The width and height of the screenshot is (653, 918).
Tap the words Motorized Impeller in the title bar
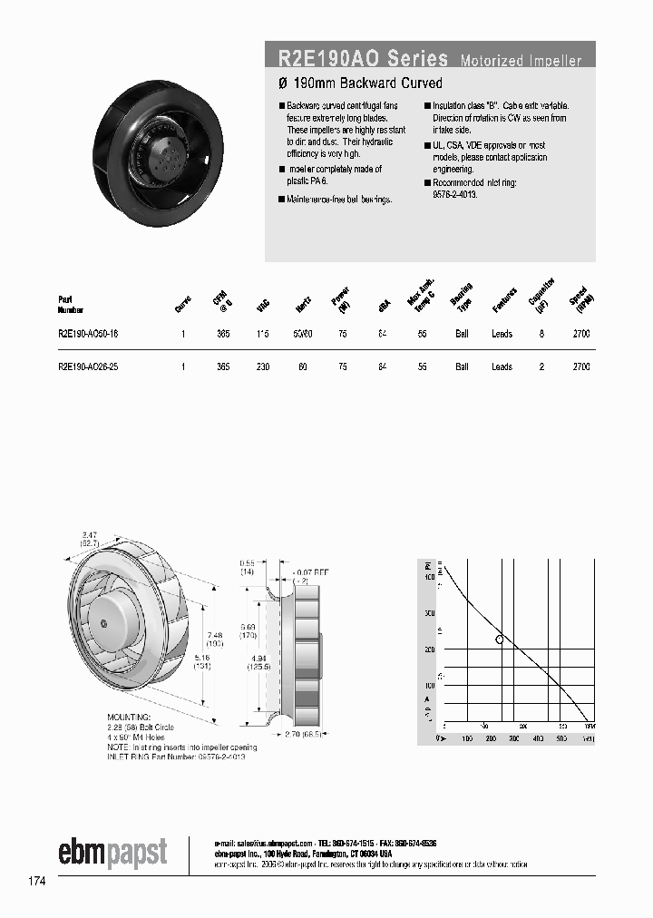point(521,61)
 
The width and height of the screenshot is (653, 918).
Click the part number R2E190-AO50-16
point(81,334)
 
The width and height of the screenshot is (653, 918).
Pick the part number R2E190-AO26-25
point(81,366)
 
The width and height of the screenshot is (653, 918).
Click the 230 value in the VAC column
point(262,366)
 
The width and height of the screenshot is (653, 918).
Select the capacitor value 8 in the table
point(541,334)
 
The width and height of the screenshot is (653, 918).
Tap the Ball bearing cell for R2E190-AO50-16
point(462,334)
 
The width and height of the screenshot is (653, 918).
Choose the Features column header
point(504,301)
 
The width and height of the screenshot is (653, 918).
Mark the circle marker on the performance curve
point(499,640)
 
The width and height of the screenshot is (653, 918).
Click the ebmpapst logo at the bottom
point(112,853)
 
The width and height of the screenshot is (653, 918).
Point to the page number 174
point(35,880)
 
